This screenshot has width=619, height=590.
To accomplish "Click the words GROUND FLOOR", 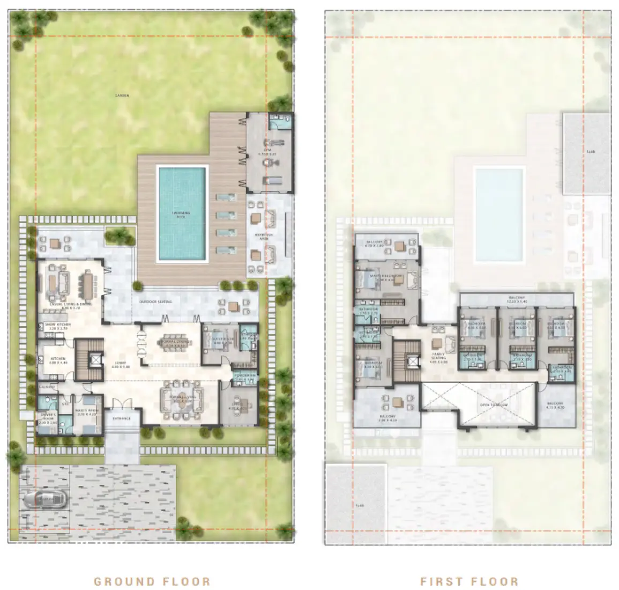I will pos(152,581).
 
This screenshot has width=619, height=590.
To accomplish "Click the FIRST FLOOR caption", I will pos(469,581).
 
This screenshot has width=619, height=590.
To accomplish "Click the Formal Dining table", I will pos(175,343).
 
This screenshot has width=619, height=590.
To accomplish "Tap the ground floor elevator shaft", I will pos(95,358).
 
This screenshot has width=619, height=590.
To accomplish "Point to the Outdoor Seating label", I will pos(156,302).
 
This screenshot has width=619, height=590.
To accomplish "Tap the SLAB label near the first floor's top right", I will pos(591,152).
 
